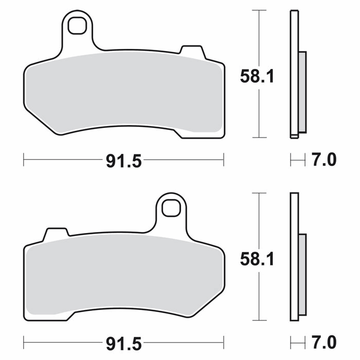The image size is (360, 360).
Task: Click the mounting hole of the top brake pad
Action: [77, 26]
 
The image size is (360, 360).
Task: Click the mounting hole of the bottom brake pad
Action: [171, 208]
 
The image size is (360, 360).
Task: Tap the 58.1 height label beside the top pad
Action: [257, 77]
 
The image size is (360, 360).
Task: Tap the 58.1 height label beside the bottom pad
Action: [257, 259]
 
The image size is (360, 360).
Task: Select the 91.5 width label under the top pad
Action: [124, 161]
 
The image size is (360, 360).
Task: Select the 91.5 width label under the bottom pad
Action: [124, 344]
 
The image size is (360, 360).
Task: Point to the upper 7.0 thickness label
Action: [323, 159]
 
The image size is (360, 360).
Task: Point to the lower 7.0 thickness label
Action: [323, 342]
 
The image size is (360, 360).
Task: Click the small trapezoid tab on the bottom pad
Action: [56, 234]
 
